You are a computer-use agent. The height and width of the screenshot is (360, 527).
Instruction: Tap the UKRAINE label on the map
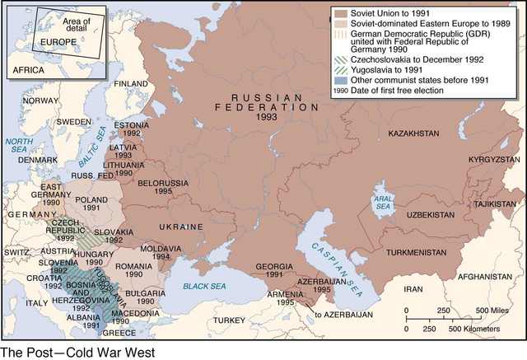pyautogui.click(x=182, y=226)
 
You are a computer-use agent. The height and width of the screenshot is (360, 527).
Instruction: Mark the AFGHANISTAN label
pyautogui.click(x=485, y=276)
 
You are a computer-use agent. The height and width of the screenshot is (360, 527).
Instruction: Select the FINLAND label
pyautogui.click(x=131, y=83)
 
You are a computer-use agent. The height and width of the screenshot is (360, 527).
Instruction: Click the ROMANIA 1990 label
pyautogui.click(x=134, y=271)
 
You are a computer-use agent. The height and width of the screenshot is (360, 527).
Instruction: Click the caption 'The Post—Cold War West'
pyautogui.click(x=77, y=352)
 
